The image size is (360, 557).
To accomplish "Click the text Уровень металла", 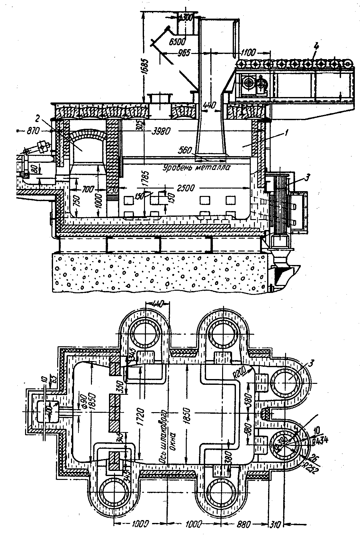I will click(x=196, y=168).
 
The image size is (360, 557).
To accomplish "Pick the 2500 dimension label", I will click(x=184, y=188).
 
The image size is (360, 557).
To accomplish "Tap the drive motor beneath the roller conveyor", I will click(x=254, y=84).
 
